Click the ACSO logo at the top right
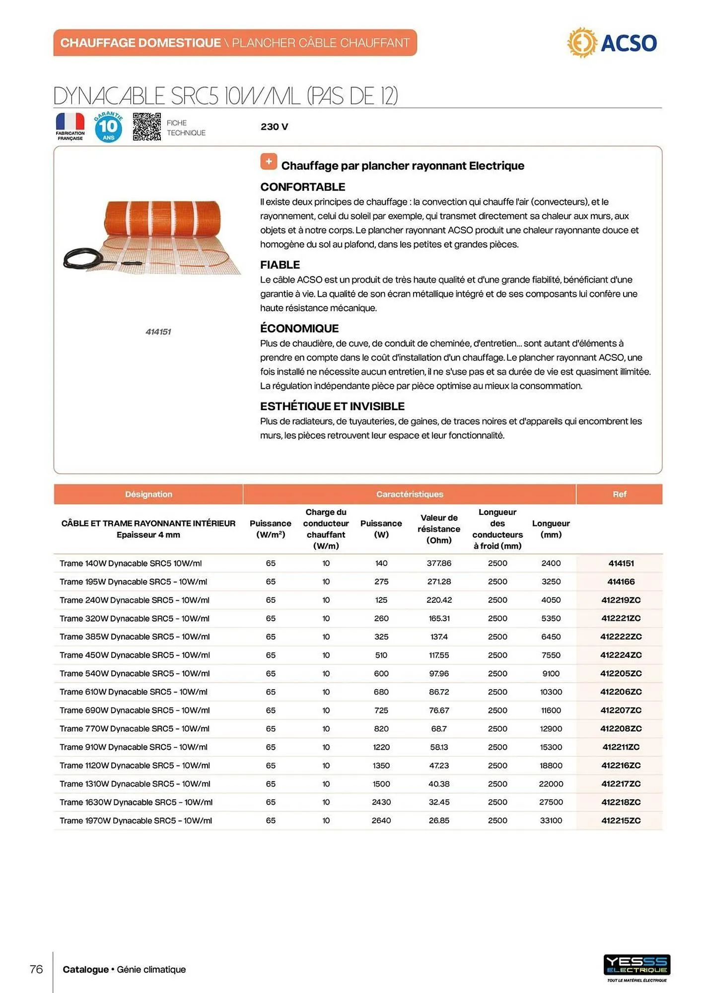click(612, 43)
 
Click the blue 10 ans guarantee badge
click(108, 127)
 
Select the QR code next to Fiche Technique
click(147, 127)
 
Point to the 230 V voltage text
click(274, 127)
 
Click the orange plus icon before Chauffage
click(269, 162)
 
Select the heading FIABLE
click(280, 265)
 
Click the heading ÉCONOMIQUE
click(299, 328)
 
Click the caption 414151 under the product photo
click(158, 332)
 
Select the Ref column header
click(619, 494)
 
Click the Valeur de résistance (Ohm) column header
click(439, 529)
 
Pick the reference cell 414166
click(621, 581)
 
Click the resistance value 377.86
click(439, 563)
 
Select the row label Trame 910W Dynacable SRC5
click(134, 747)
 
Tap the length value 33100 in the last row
click(551, 820)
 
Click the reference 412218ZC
click(621, 802)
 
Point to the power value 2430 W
click(381, 802)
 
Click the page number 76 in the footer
click(36, 969)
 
